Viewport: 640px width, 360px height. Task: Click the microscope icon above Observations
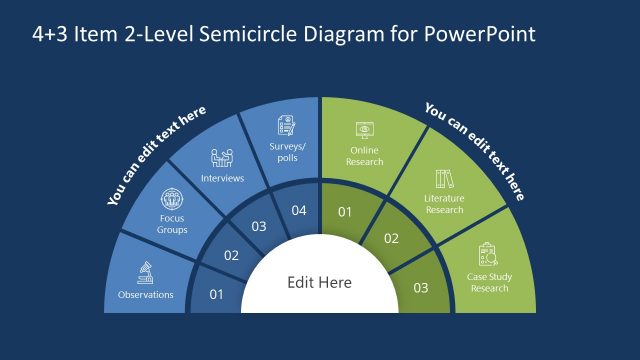[146, 272]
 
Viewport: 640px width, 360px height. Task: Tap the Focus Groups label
[172, 223]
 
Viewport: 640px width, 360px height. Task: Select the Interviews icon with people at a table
[222, 158]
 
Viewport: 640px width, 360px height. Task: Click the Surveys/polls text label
[286, 152]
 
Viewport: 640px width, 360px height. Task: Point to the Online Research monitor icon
[364, 130]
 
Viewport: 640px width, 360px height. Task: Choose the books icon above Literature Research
[444, 180]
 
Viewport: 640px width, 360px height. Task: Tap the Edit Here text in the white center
[320, 283]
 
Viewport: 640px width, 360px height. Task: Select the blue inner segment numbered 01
[216, 294]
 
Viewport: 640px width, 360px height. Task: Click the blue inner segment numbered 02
[232, 256]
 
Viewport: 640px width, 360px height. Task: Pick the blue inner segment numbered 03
[259, 227]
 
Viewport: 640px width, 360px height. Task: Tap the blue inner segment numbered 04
[298, 211]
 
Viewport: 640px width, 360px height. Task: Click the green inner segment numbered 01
[345, 212]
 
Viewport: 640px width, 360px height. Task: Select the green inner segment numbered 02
[392, 239]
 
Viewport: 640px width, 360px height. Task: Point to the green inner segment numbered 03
[421, 289]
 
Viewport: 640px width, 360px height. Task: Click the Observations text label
[146, 295]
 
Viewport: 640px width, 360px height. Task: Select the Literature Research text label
[444, 205]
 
